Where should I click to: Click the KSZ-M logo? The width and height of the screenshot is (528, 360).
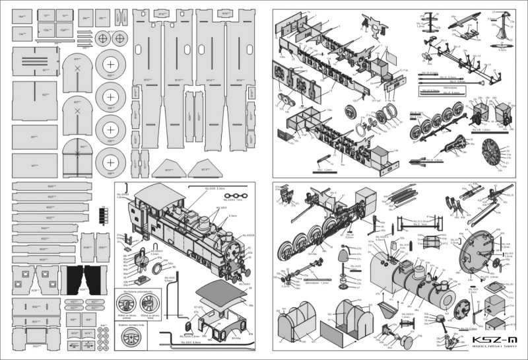(489, 340)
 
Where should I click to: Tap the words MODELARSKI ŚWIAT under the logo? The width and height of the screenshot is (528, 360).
(490, 349)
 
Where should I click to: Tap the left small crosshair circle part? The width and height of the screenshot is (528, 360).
(104, 39)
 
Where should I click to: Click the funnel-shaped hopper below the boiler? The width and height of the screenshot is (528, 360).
(388, 308)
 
